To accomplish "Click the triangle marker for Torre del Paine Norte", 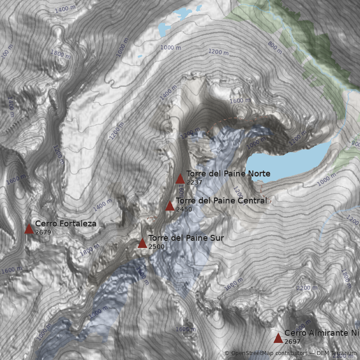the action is [180, 179].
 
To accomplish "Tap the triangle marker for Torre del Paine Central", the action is [170, 206].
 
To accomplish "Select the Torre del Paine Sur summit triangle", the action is [142, 243].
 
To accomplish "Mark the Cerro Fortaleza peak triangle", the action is [29, 229].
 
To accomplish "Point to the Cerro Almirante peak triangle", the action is [278, 338].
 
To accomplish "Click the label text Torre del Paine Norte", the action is [228, 174].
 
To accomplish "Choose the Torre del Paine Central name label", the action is [221, 200].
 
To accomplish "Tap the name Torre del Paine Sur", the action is [185, 238].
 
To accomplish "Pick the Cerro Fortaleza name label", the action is [66, 224].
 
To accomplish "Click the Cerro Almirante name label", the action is [322, 333].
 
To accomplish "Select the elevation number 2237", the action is [194, 183].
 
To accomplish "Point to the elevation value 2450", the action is [184, 209].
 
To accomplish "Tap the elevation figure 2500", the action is [156, 247].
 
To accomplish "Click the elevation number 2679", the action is [43, 233].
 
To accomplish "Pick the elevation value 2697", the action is [292, 342].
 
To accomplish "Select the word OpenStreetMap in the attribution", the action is [252, 353].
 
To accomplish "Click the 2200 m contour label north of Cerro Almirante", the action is [306, 288].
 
